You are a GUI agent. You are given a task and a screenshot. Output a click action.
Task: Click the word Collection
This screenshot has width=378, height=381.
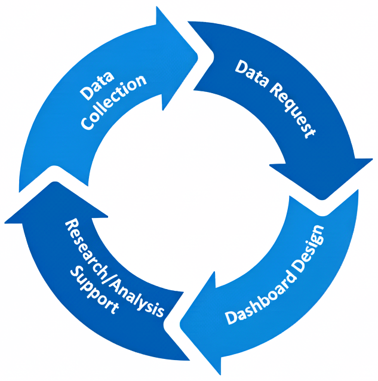pos(113,102)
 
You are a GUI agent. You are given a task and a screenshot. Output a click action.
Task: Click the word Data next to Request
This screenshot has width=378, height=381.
pos(251,72)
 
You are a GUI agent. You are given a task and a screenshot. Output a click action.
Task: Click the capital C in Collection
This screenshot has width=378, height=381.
pos(88,122)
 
